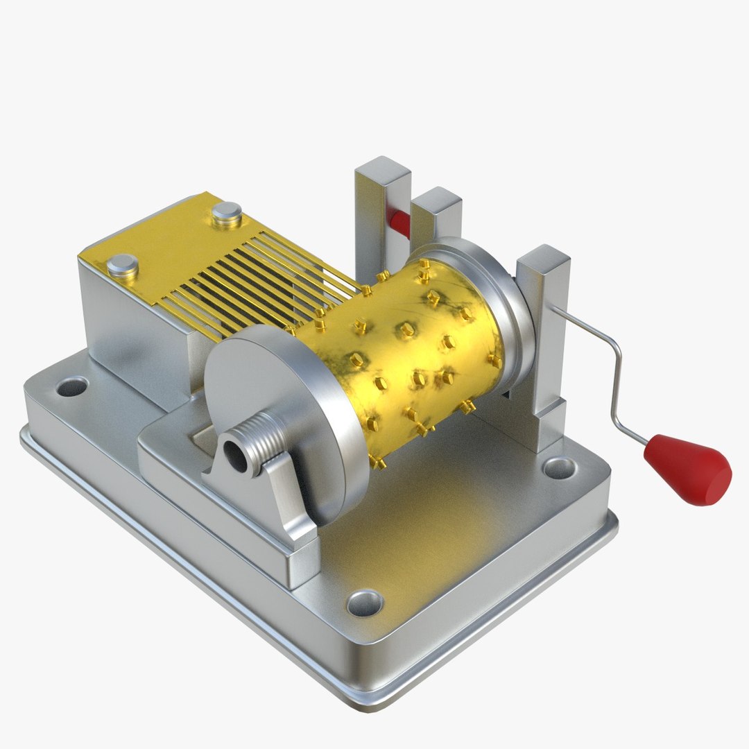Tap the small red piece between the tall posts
pyautogui.click(x=399, y=221)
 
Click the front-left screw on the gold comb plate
pyautogui.click(x=123, y=265)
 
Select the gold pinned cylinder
pyautogui.click(x=409, y=347)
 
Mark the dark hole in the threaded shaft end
pyautogui.click(x=239, y=458)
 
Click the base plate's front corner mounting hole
pyautogui.click(x=365, y=602)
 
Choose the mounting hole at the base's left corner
pyautogui.click(x=71, y=386)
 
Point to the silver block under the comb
pyautogui.click(x=139, y=333)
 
